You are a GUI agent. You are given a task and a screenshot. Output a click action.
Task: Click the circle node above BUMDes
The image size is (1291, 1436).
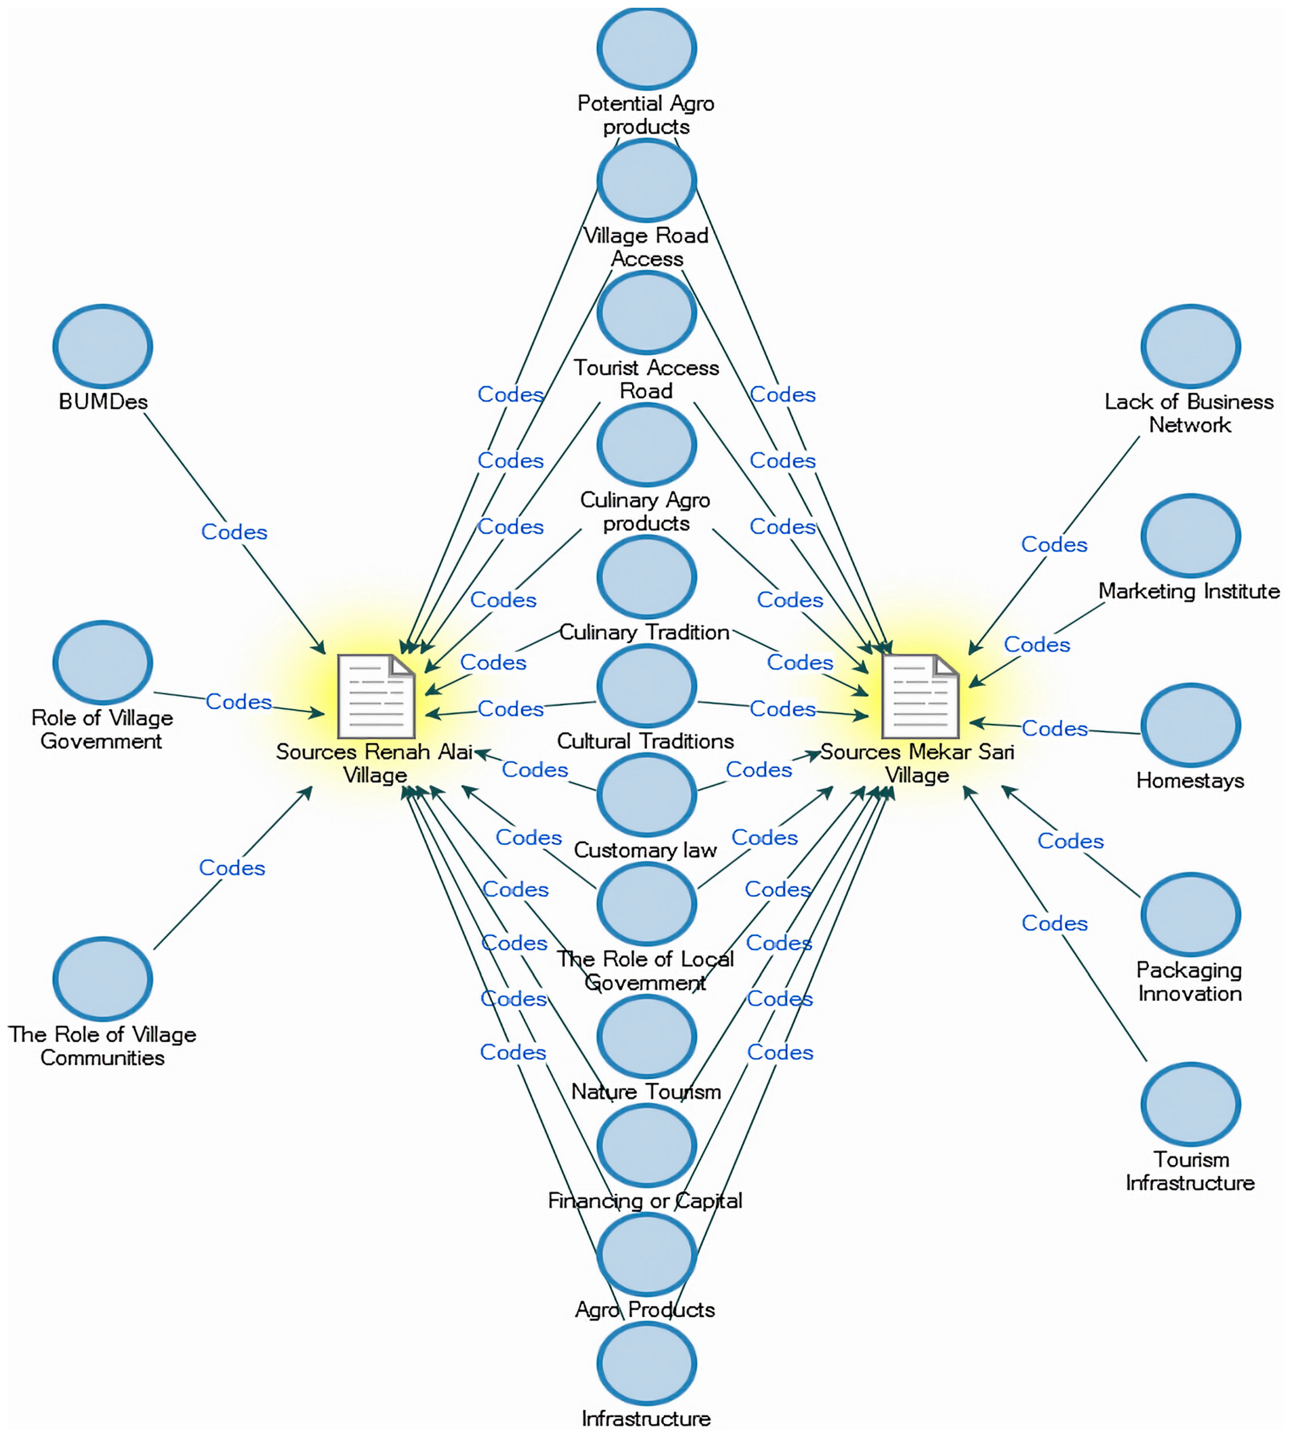pos(103,346)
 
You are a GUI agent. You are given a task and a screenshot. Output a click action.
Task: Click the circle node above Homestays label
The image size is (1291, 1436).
pos(1190,725)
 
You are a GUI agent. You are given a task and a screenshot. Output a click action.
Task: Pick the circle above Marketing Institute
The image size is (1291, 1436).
pos(1190,536)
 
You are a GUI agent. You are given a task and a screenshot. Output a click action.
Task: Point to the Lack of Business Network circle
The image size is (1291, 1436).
pos(1190,346)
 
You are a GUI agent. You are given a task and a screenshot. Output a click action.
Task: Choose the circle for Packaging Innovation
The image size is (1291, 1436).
pos(1190,915)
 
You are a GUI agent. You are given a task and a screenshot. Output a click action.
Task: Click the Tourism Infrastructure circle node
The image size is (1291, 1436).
pos(1190,1104)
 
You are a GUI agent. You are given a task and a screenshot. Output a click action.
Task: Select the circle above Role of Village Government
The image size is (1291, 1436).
pos(103,662)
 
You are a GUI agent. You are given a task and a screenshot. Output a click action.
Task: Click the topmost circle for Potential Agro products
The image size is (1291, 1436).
pos(646,48)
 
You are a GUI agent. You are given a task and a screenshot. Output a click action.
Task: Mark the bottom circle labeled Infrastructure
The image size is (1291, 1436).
pos(646,1363)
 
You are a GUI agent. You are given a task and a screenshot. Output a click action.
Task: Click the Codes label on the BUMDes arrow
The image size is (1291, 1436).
pos(234,532)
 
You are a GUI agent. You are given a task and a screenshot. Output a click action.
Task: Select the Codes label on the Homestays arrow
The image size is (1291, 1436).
pos(1054,729)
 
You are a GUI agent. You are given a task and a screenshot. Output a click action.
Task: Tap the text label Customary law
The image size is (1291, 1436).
pos(645,850)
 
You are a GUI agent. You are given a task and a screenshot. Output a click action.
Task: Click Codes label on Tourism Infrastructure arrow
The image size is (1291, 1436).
pos(1054,923)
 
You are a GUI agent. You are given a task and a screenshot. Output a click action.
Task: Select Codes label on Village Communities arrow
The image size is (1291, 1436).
pos(232,868)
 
